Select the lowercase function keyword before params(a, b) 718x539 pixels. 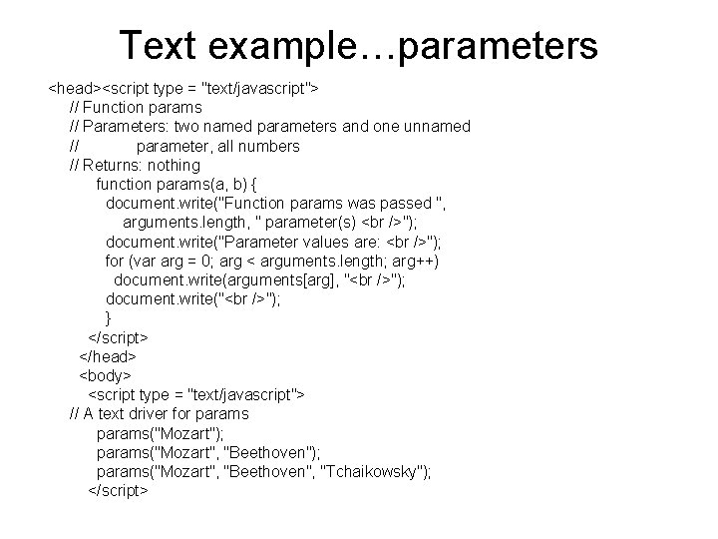coord(126,184)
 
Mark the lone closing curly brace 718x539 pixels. coord(109,317)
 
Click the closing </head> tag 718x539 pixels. coord(107,356)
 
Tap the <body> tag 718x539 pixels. coord(105,375)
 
